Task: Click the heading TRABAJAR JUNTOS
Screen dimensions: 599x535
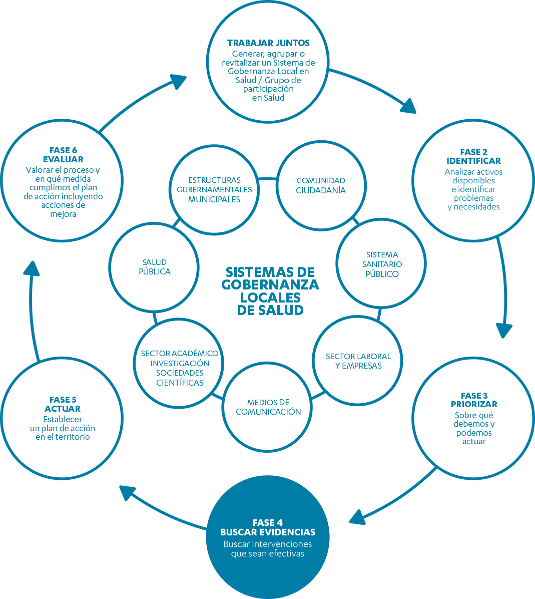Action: tap(268, 43)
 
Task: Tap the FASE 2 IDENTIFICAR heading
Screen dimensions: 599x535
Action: tap(473, 156)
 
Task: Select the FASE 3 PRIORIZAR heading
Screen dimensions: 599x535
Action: tap(474, 400)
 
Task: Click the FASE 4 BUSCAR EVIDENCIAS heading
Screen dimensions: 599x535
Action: tap(268, 527)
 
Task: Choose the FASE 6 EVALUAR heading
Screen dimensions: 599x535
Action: tap(63, 155)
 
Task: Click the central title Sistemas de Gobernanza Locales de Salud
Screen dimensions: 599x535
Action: tap(270, 290)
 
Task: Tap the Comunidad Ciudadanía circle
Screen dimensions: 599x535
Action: tap(320, 185)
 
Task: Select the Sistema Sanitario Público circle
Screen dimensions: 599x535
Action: tap(382, 264)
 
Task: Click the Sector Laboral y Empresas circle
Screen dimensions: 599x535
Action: tap(358, 361)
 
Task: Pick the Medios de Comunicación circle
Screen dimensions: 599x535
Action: tap(268, 407)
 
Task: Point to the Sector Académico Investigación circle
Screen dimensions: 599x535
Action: tap(180, 368)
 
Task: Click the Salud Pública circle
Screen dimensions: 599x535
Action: tap(155, 267)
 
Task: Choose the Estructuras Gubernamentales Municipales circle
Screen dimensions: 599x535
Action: tap(214, 189)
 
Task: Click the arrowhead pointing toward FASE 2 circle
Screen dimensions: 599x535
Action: tap(409, 106)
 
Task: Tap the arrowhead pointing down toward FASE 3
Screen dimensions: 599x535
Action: tap(504, 330)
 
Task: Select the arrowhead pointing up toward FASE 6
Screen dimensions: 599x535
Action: tap(32, 269)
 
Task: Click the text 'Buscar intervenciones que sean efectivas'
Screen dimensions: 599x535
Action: tap(268, 549)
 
